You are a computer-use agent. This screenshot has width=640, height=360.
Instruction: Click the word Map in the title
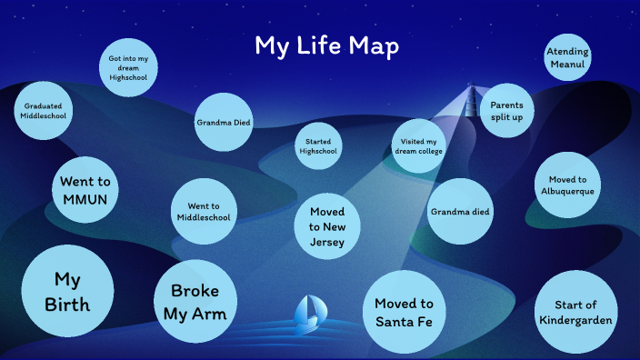[371, 45]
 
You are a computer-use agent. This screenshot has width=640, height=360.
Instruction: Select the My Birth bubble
[67, 291]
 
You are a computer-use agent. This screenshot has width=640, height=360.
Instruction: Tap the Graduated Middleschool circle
[44, 112]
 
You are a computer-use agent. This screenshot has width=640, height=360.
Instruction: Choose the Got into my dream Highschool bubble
[128, 69]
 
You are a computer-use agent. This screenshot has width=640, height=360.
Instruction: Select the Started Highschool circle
[318, 146]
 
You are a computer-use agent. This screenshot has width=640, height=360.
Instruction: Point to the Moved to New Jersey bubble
[327, 226]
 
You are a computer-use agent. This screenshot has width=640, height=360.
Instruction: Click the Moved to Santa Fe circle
[404, 312]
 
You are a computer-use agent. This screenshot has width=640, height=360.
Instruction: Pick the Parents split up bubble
[507, 111]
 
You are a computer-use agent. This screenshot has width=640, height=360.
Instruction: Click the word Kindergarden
[575, 320]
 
